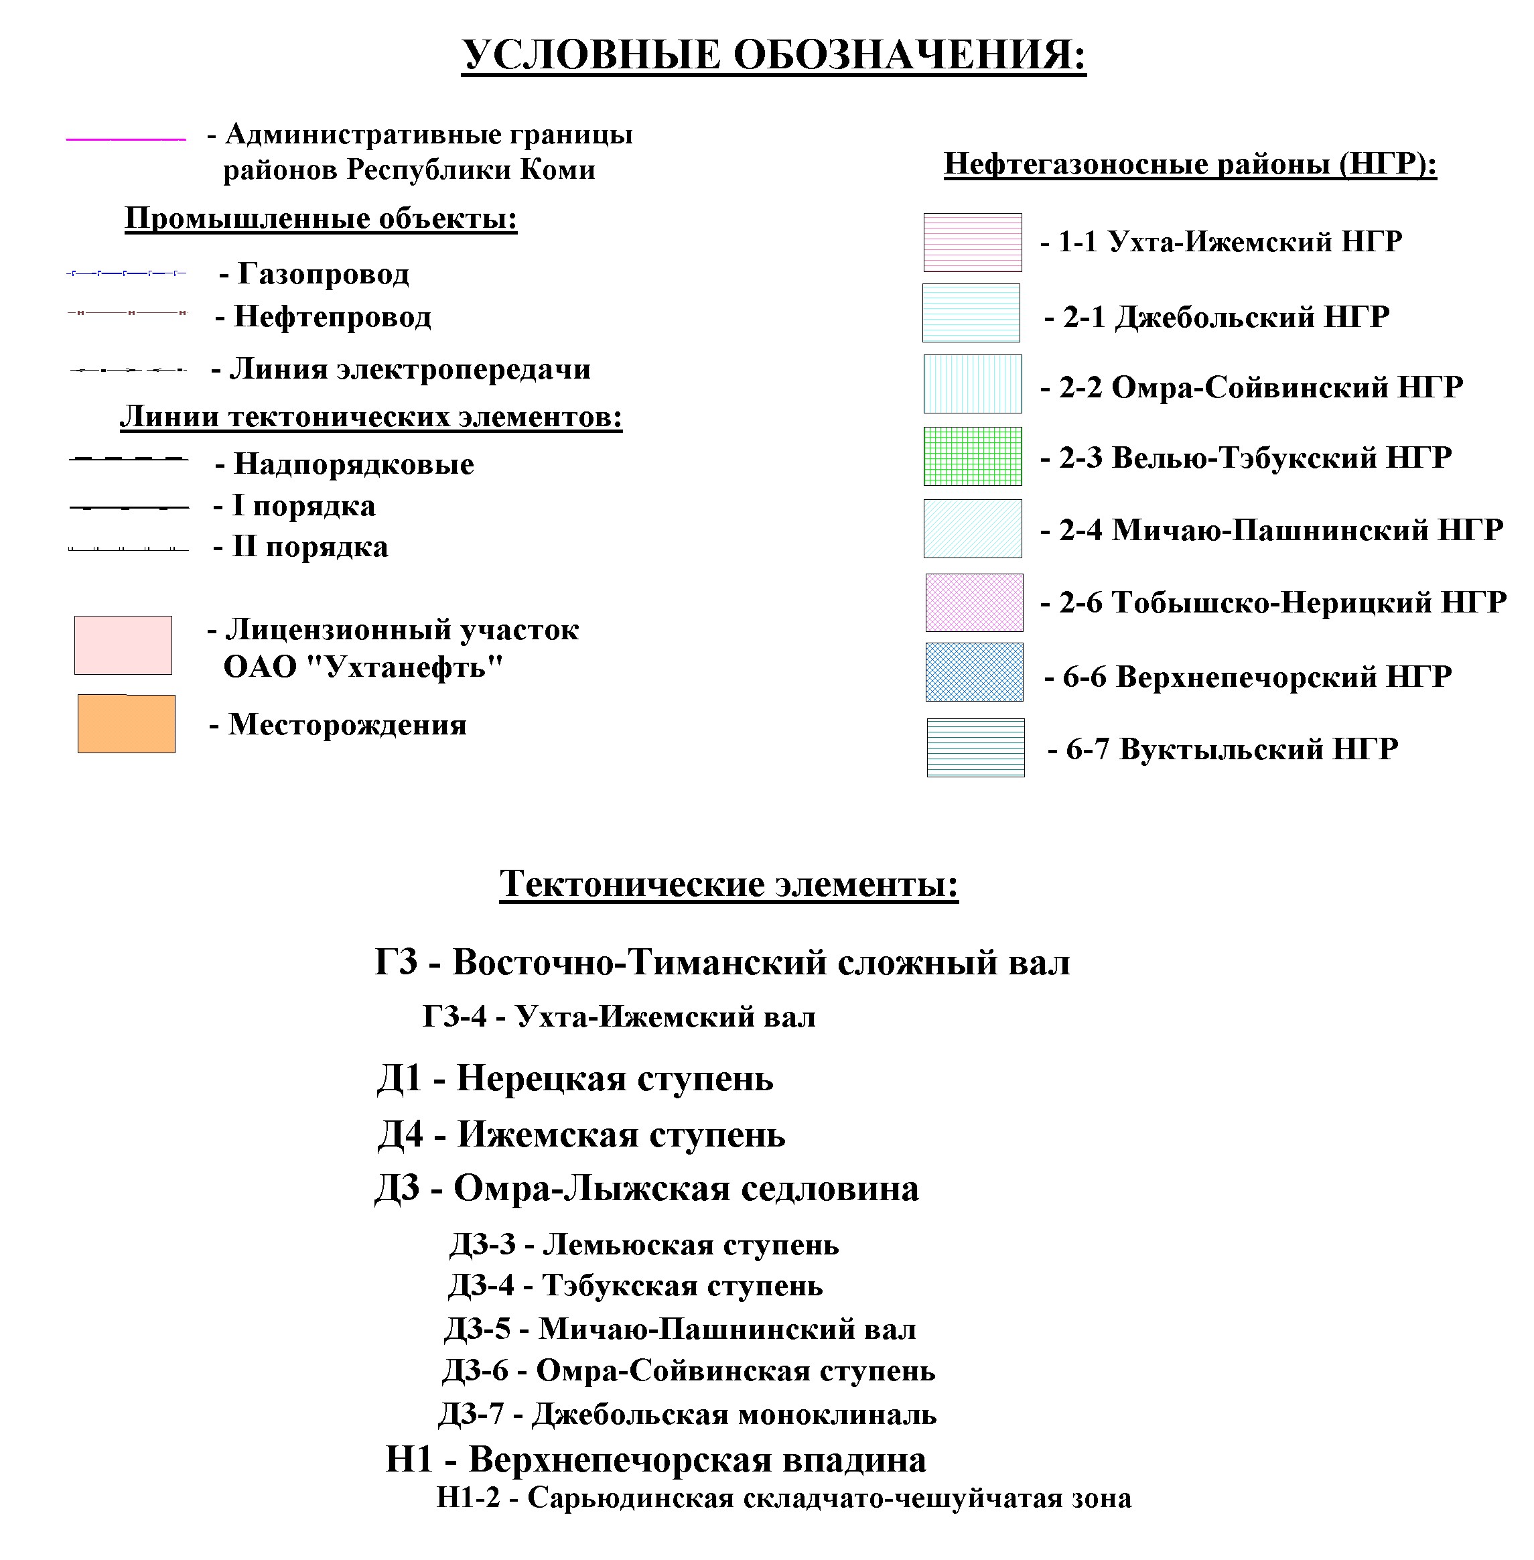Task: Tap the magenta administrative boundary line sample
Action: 126,139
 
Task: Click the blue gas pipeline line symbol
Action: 126,274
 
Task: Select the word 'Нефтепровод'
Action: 332,317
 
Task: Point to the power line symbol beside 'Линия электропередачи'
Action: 127,370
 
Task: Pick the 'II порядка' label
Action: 310,547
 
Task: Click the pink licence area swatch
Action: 123,645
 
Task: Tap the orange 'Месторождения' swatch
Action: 127,724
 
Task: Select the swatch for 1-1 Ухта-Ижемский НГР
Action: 973,243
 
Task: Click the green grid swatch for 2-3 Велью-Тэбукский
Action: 973,456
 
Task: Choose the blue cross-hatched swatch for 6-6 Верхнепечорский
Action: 974,672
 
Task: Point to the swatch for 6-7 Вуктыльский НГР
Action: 976,748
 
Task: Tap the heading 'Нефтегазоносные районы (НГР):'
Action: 1190,164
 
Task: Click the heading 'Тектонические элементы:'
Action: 728,884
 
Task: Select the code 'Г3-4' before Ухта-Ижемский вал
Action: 454,1017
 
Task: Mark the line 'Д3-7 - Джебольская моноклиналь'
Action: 687,1414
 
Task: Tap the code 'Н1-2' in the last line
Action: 468,1497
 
